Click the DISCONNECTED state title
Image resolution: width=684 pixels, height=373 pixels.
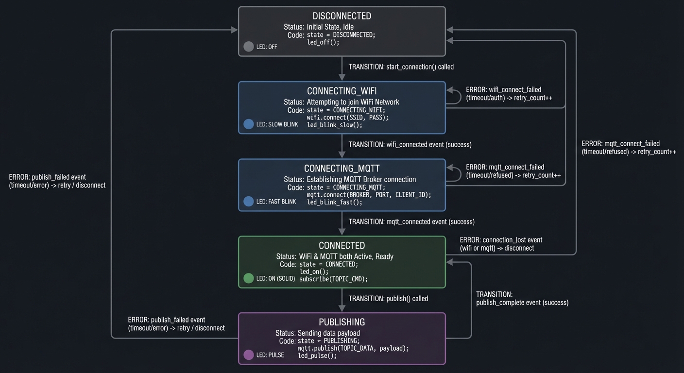point(342,16)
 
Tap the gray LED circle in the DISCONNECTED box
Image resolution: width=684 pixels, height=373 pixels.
point(249,47)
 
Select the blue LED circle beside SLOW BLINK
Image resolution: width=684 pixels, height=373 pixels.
point(249,124)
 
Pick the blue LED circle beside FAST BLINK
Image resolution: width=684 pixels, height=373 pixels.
point(249,201)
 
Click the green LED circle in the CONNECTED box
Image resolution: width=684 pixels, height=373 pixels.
point(249,278)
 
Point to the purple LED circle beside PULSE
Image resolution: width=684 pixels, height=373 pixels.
point(249,355)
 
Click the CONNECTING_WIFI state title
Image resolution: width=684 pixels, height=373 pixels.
point(342,91)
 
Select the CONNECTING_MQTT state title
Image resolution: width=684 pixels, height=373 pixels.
point(342,169)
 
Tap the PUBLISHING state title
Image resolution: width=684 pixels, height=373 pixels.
point(342,322)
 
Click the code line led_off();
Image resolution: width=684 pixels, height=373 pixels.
point(323,42)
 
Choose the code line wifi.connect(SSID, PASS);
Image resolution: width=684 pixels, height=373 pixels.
point(347,118)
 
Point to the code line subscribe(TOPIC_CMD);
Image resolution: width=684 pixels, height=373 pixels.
point(333,279)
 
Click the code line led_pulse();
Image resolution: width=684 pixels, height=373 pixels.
point(317,356)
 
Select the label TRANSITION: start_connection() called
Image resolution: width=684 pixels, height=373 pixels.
point(401,67)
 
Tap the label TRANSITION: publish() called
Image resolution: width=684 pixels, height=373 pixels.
point(388,298)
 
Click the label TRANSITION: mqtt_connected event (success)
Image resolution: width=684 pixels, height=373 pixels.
point(411,221)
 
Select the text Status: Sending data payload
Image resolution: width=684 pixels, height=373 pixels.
point(318,333)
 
